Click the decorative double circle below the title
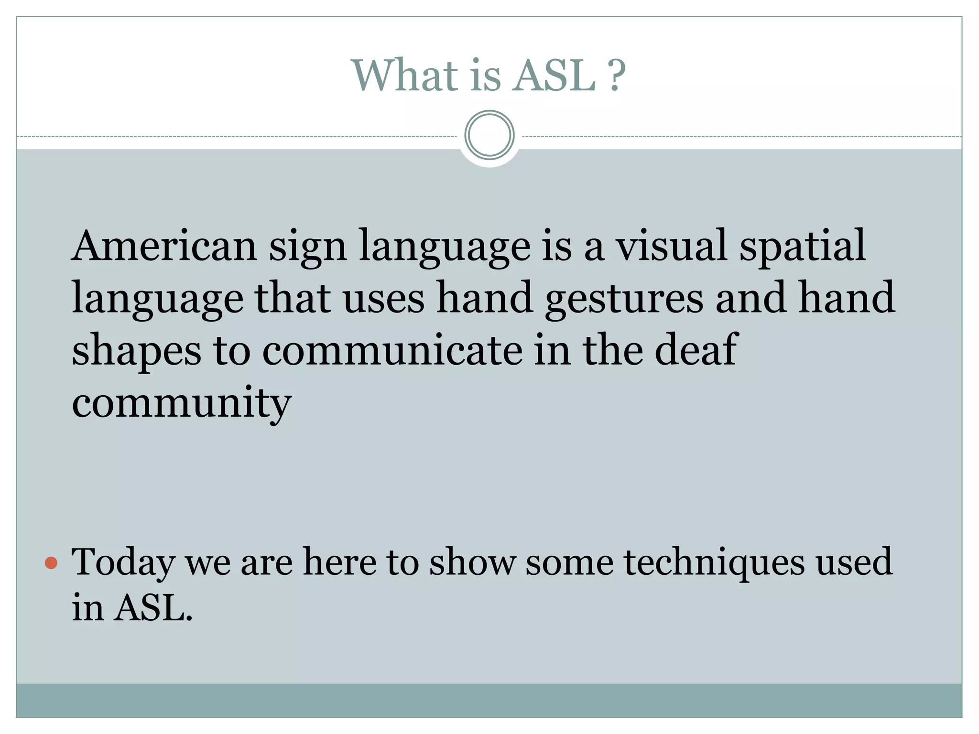tap(489, 135)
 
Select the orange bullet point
tap(51, 563)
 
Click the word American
tap(164, 246)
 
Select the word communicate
tap(392, 351)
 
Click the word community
tap(181, 404)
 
